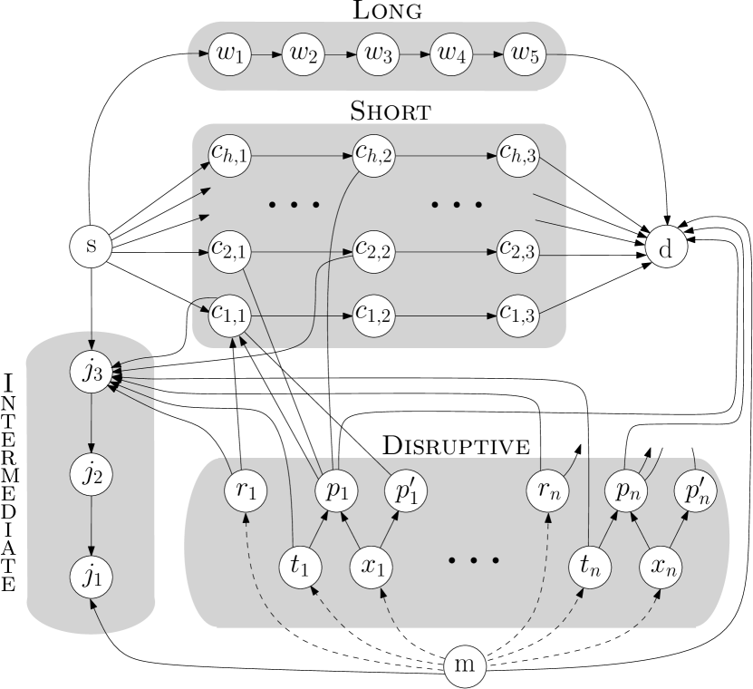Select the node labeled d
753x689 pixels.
pyautogui.click(x=666, y=247)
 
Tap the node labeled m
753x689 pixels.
pyautogui.click(x=465, y=665)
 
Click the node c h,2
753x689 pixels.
pyautogui.click(x=373, y=156)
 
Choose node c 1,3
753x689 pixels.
pyautogui.click(x=519, y=315)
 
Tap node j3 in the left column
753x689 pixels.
pyautogui.click(x=91, y=373)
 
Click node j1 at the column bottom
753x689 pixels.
pyautogui.click(x=91, y=575)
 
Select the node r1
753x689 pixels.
pyautogui.click(x=246, y=490)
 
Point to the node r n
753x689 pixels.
pyautogui.click(x=548, y=490)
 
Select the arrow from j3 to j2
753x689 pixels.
pyautogui.click(x=91, y=422)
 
